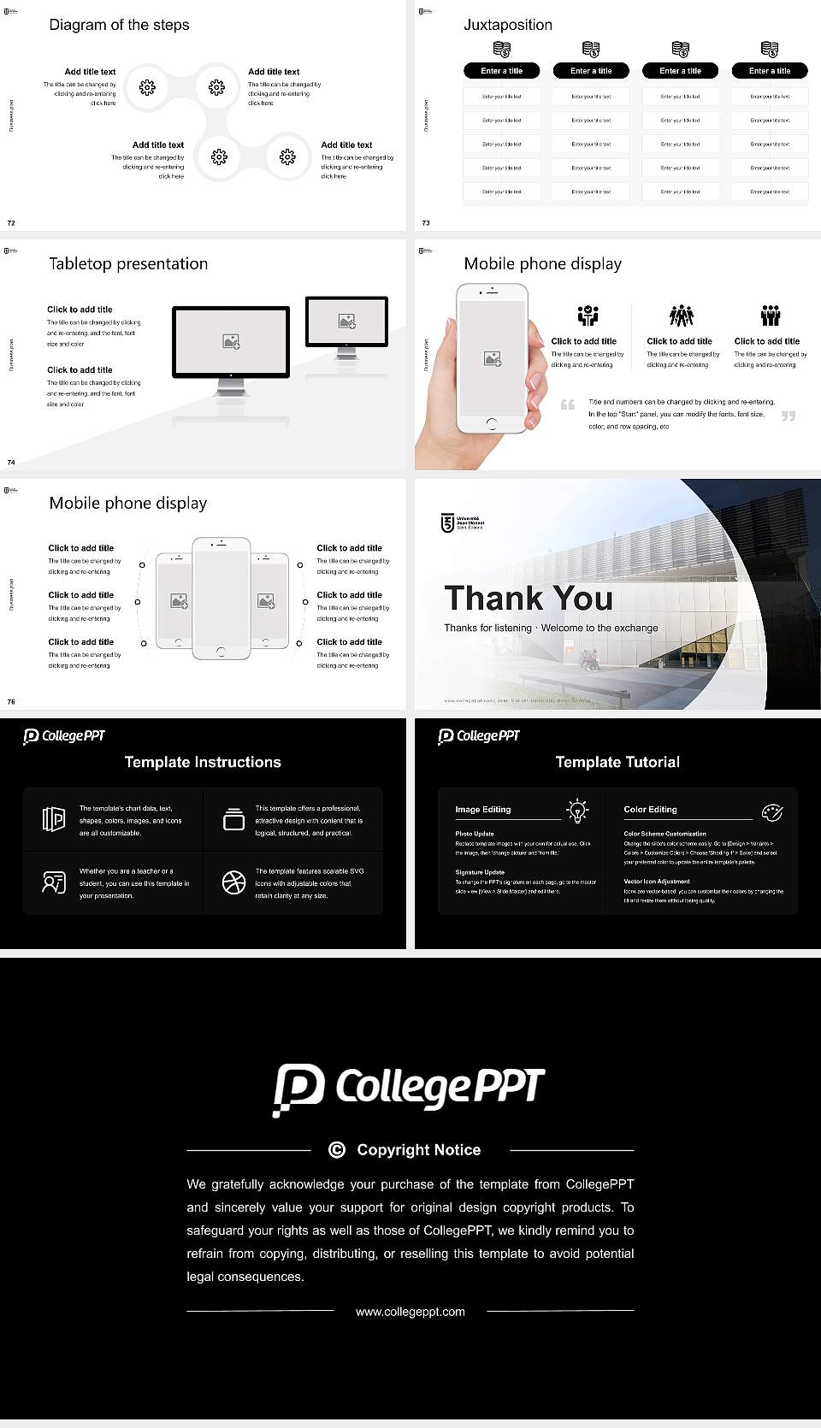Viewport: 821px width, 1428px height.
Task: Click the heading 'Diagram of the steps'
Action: tap(119, 25)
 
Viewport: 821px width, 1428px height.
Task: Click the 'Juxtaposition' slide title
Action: tap(507, 25)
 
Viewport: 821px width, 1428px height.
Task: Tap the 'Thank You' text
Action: tap(529, 599)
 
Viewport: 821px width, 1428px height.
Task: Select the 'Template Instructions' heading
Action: tap(203, 762)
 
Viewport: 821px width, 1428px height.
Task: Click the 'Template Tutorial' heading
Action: tap(617, 762)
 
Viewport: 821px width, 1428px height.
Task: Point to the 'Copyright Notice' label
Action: tap(418, 1150)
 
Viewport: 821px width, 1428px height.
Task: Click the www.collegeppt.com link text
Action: tap(410, 1312)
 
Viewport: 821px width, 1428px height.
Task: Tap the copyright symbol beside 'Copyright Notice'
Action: tap(337, 1150)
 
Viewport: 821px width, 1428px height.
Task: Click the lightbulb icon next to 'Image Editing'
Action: tap(577, 811)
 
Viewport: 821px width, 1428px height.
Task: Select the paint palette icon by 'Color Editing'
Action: tap(772, 811)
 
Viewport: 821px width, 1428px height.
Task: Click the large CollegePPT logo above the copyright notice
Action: tap(409, 1089)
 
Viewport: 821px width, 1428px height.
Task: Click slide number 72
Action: tap(11, 223)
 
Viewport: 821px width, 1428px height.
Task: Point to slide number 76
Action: tap(11, 702)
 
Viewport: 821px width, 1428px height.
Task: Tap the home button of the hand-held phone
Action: tap(491, 423)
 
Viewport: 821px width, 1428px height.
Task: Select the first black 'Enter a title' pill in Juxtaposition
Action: tap(501, 71)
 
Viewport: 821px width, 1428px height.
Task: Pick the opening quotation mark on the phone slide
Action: tap(567, 404)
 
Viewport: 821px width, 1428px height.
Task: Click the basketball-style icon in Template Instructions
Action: tap(233, 882)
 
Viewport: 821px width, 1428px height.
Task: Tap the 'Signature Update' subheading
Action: tap(480, 872)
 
